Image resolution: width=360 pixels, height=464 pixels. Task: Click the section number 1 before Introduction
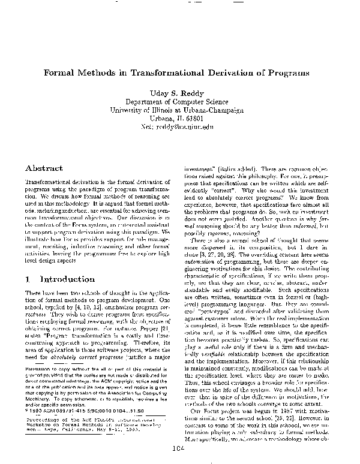click(x=29, y=280)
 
